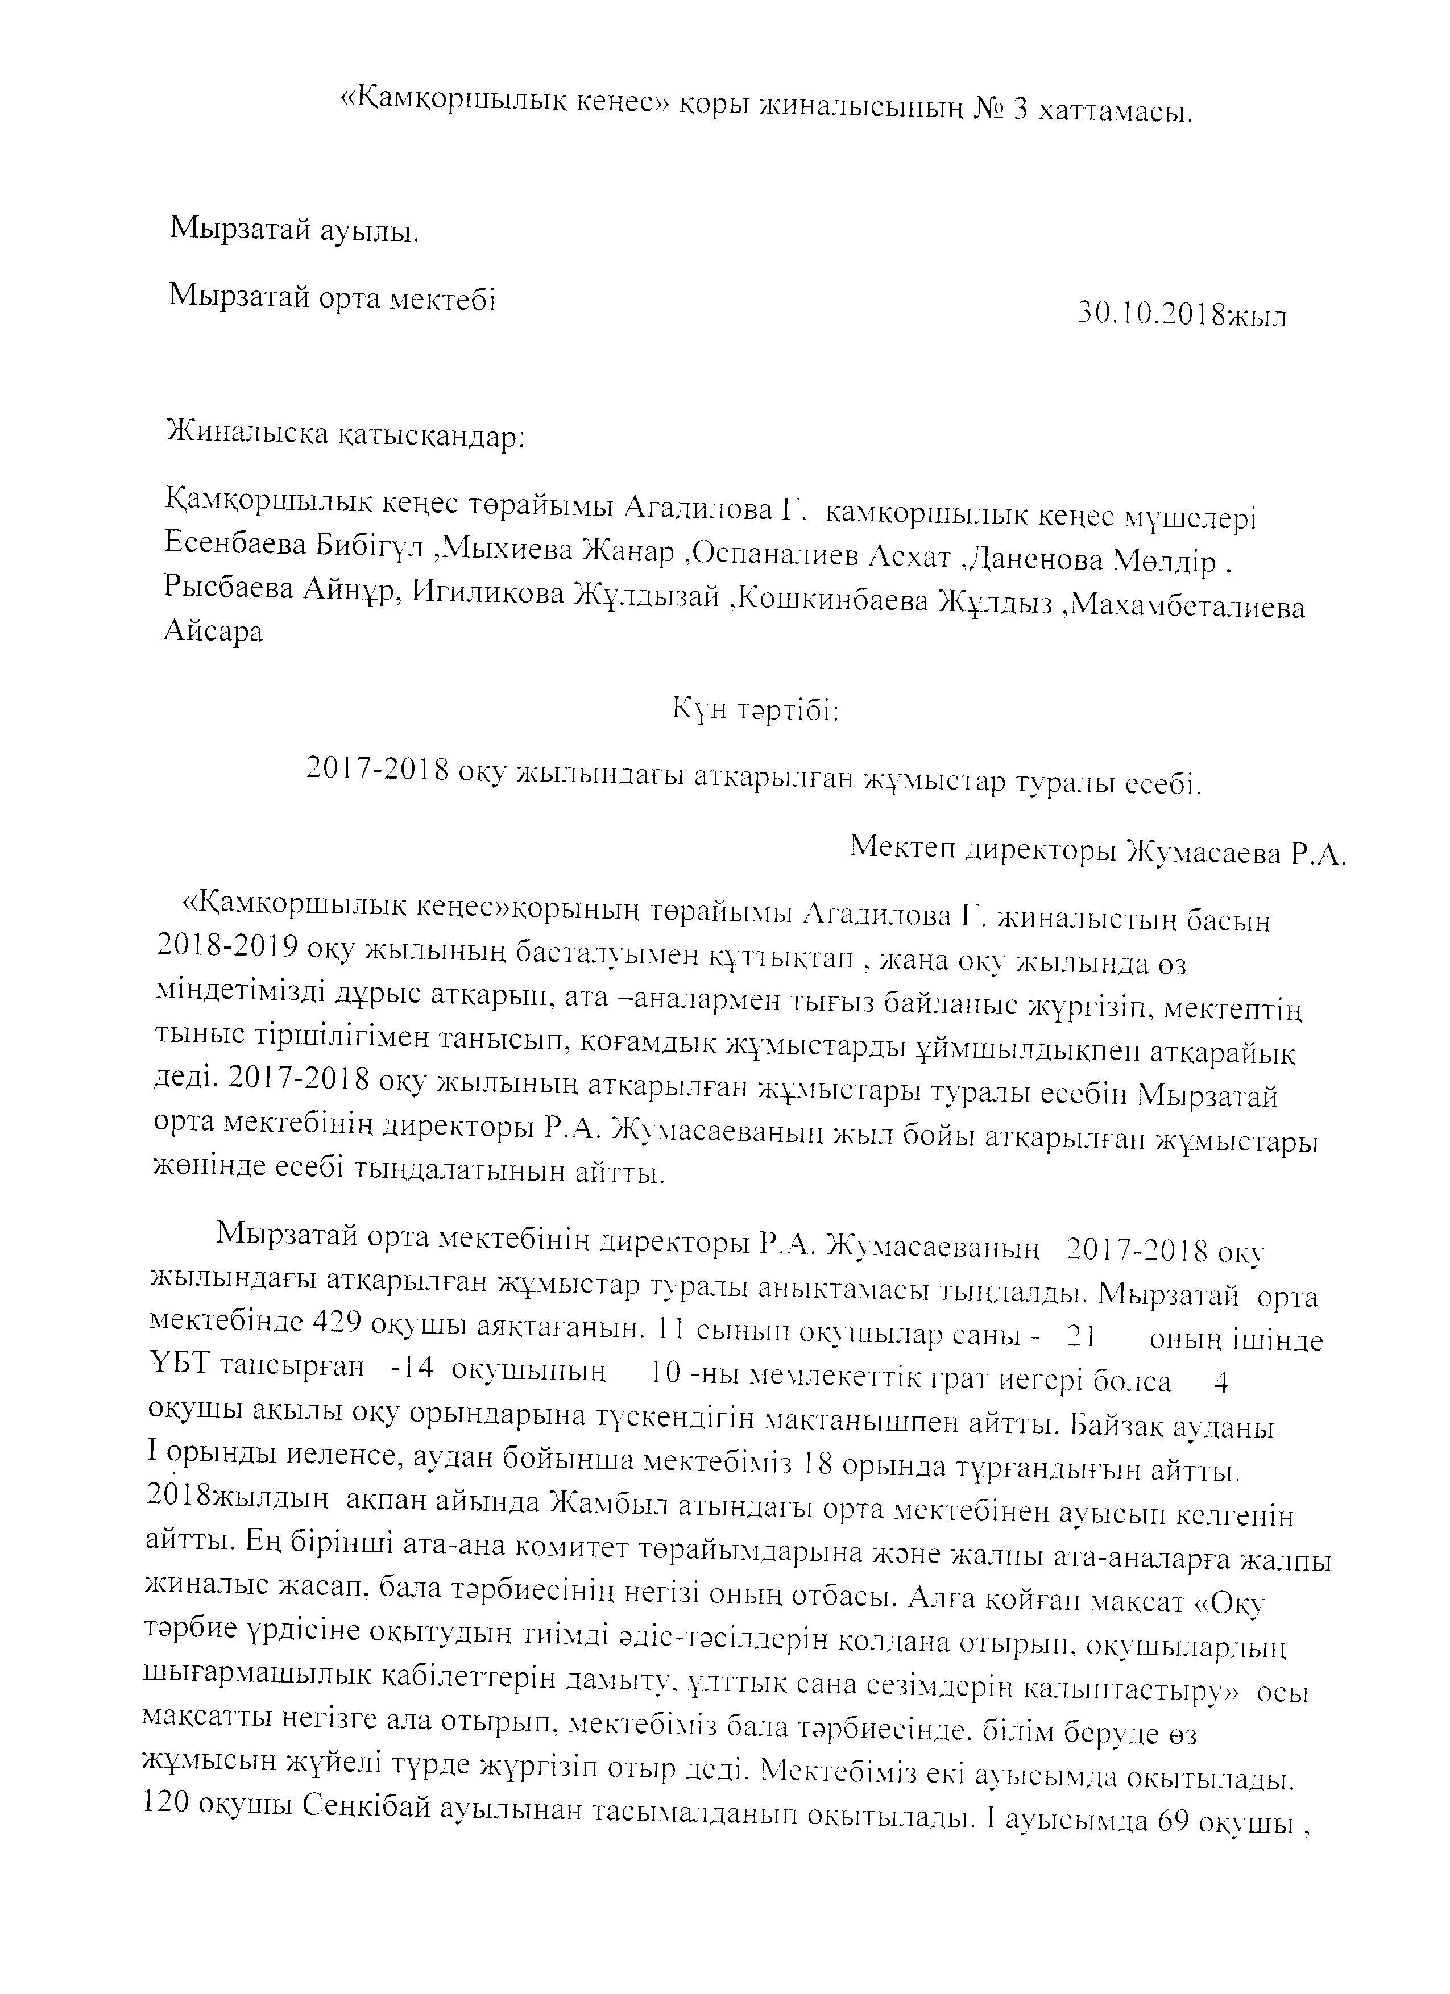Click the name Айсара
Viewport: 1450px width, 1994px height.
pyautogui.click(x=213, y=632)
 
